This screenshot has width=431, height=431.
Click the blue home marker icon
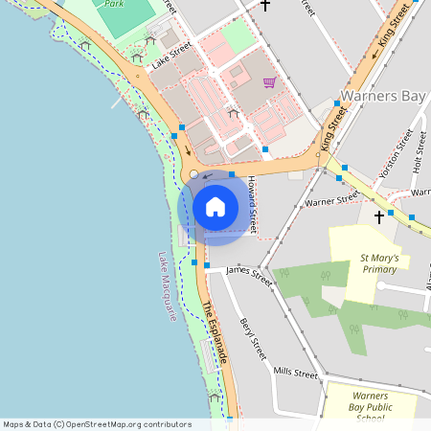click(215, 206)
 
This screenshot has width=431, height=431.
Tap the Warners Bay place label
click(384, 96)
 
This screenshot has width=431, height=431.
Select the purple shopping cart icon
click(269, 81)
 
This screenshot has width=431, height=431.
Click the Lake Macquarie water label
click(169, 285)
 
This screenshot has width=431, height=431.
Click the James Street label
click(249, 273)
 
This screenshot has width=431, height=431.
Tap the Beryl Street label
click(253, 338)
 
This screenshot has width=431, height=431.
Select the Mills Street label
click(295, 372)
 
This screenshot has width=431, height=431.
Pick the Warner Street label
click(331, 200)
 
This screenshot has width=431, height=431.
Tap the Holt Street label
click(419, 152)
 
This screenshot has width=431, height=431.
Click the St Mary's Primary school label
click(378, 263)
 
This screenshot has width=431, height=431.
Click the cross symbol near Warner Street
click(378, 217)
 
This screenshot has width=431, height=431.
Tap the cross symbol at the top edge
click(265, 5)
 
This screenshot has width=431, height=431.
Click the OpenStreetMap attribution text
click(97, 424)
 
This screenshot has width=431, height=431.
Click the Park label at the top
click(114, 4)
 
